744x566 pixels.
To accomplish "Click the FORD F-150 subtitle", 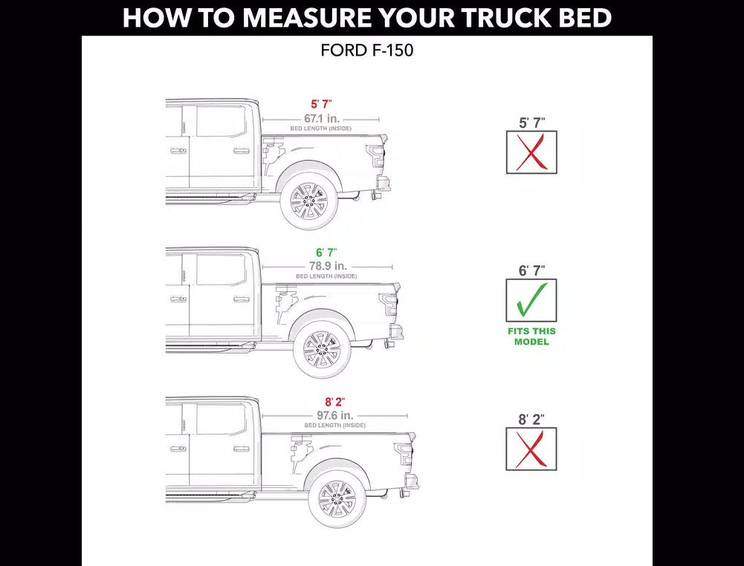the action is point(366,51).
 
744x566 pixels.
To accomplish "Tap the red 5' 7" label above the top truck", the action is point(321,104).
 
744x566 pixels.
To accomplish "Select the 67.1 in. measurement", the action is point(322,119).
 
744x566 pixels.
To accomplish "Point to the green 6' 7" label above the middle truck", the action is point(326,253).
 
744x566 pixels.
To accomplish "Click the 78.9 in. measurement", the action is point(329,266).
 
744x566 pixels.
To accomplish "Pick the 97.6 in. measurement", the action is point(335,415).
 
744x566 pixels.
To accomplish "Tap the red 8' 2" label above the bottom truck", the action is point(334,403).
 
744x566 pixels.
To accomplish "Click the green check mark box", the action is point(531,300).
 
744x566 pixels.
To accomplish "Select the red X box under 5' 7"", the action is point(531,152).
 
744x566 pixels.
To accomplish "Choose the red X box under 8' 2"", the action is point(531,449).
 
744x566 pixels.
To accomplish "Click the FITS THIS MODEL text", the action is point(531,336).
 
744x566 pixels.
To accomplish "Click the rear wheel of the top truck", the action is point(309,201).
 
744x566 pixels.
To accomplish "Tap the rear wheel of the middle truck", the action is point(322,348).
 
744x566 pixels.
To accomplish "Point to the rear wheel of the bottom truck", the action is point(337,498).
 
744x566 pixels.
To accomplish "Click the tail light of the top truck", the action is point(375,156).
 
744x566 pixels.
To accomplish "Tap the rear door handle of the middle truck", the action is point(241,299).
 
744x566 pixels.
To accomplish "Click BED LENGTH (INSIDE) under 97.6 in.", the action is point(335,425).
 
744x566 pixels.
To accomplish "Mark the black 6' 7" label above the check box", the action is point(531,270).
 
